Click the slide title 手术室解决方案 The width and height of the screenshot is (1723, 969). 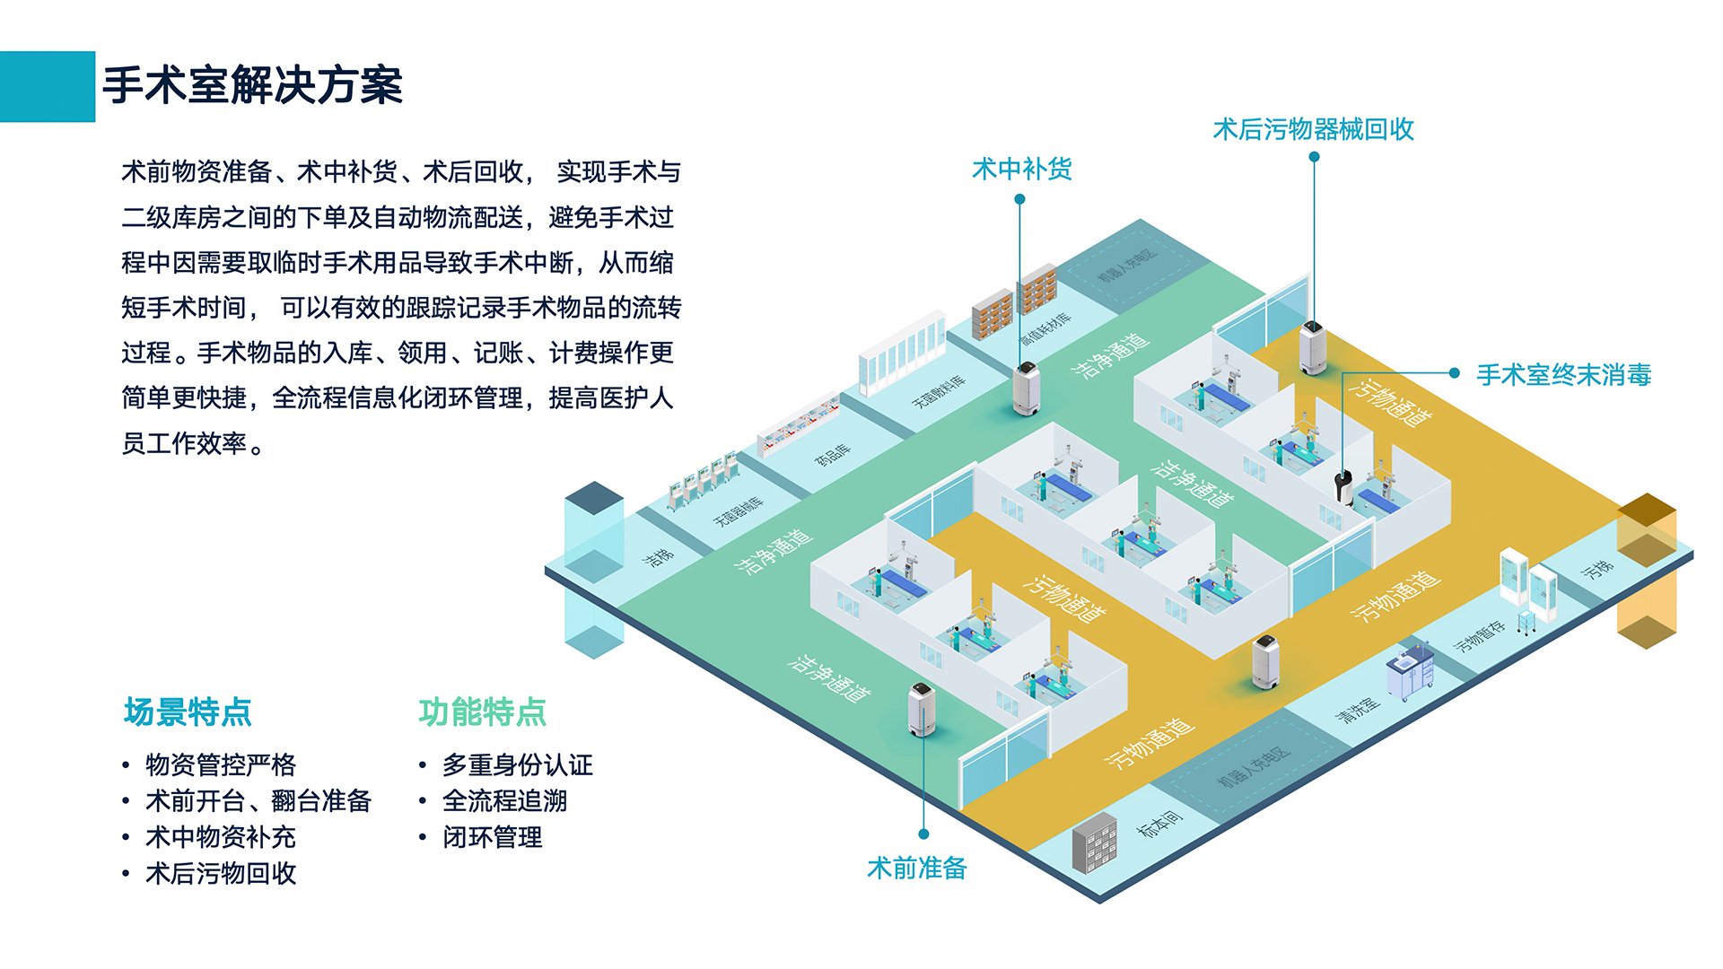252,86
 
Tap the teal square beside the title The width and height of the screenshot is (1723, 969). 47,86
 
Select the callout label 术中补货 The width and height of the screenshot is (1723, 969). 1021,169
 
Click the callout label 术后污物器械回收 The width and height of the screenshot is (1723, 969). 1313,129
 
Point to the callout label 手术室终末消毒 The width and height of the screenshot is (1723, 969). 1563,374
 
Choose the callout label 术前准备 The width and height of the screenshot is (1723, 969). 916,868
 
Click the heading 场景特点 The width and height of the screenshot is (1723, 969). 188,711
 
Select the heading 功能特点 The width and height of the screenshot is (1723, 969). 482,711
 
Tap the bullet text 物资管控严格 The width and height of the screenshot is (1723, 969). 221,764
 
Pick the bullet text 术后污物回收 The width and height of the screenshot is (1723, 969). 221,873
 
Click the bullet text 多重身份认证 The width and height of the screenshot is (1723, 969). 517,764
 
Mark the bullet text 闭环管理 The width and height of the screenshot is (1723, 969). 492,837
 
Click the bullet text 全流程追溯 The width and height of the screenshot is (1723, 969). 504,800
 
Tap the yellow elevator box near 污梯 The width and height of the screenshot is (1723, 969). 1647,570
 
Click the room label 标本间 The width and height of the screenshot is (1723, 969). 1159,824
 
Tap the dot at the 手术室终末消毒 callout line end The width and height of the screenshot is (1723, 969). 1455,373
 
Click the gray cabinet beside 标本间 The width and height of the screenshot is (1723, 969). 1095,843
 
